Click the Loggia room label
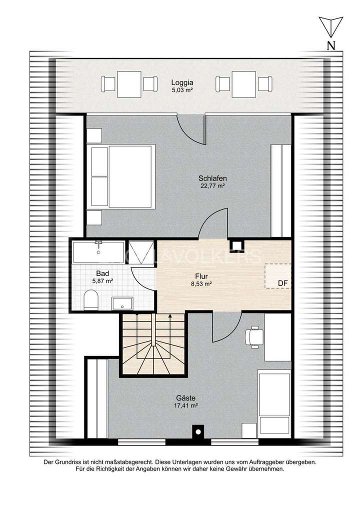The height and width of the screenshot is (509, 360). click(182, 83)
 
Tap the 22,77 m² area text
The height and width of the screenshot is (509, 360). click(212, 186)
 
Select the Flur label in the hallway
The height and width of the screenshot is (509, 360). click(201, 275)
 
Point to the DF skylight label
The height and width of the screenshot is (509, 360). click(283, 283)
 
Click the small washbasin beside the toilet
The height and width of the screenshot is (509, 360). click(122, 303)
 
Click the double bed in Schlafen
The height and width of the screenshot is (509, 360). click(120, 176)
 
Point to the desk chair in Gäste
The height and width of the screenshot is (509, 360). click(254, 336)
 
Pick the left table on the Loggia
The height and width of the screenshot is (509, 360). click(129, 84)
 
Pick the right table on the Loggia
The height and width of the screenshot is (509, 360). click(243, 84)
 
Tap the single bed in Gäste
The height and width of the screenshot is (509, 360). click(274, 402)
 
